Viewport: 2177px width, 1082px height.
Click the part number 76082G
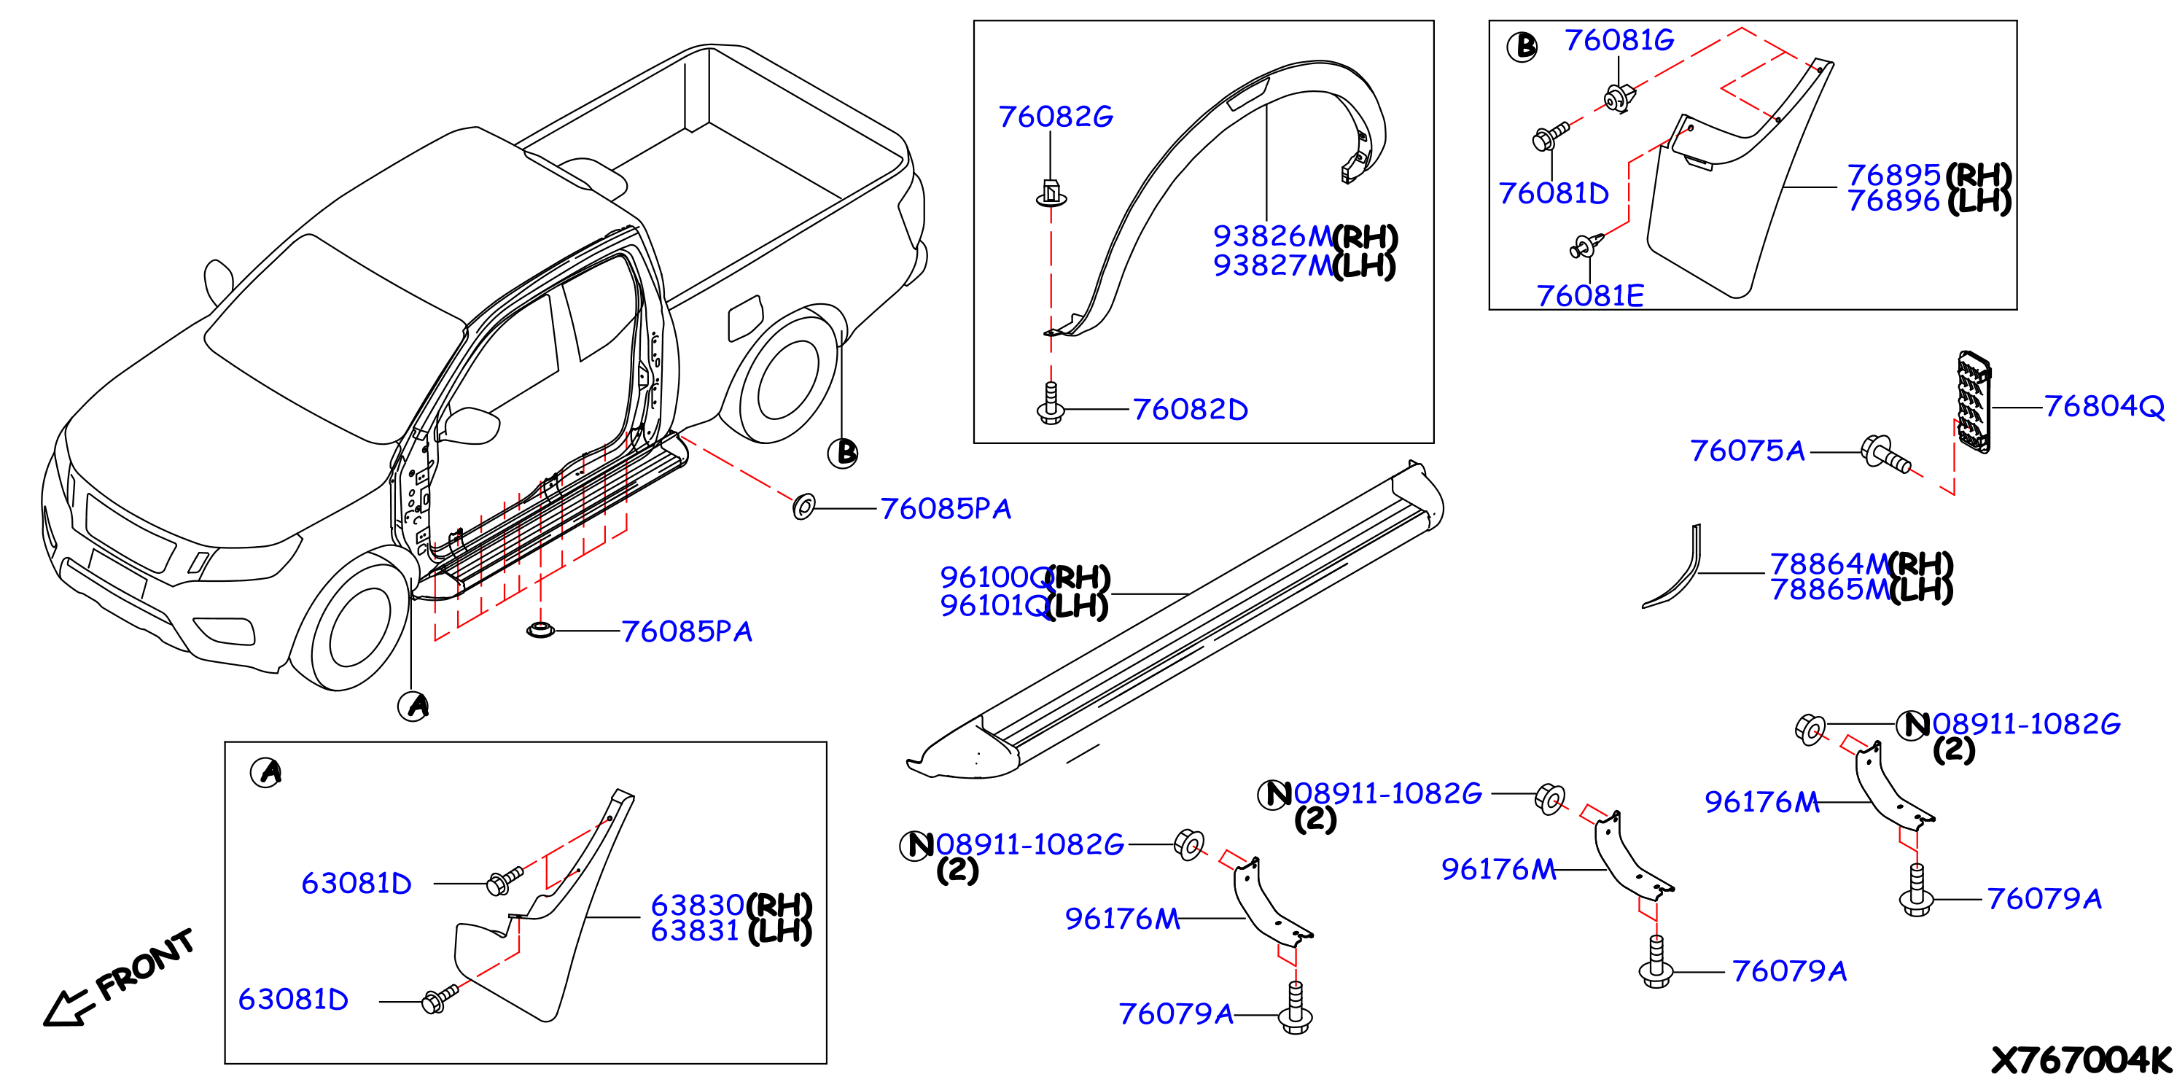tap(1056, 117)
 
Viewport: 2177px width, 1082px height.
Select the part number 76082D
tap(1190, 410)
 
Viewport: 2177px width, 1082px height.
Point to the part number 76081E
tap(1589, 296)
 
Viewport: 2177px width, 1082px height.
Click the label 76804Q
tap(2104, 407)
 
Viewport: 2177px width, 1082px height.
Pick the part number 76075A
tap(1747, 451)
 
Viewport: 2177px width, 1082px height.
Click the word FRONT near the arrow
tap(145, 965)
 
